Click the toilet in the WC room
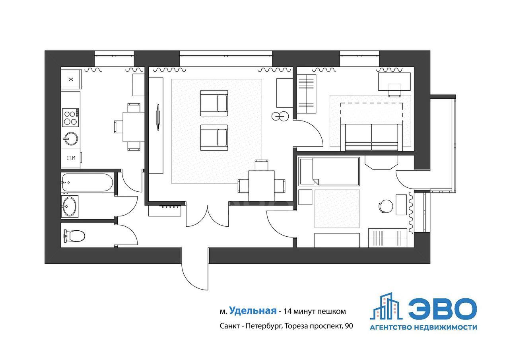point(74,235)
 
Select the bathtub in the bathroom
point(87,183)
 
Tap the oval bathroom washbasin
point(70,206)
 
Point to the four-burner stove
point(70,117)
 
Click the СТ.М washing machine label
point(71,158)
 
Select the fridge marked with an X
point(71,79)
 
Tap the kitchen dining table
point(134,127)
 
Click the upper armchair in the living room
point(214,103)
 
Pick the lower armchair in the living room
point(214,138)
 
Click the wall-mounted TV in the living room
point(158,117)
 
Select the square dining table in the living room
point(261,185)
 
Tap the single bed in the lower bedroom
point(330,171)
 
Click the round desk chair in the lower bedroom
point(386,206)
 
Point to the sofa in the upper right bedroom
point(371,137)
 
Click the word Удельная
point(253,310)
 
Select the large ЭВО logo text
point(443,309)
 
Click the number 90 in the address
point(349,326)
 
